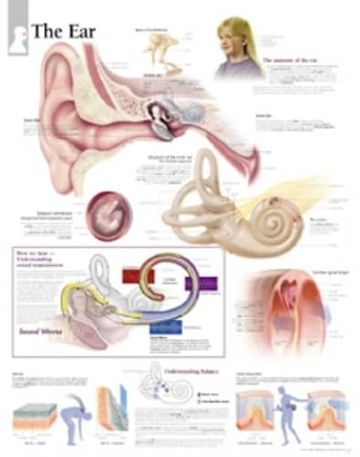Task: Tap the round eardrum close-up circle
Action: click(108, 215)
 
